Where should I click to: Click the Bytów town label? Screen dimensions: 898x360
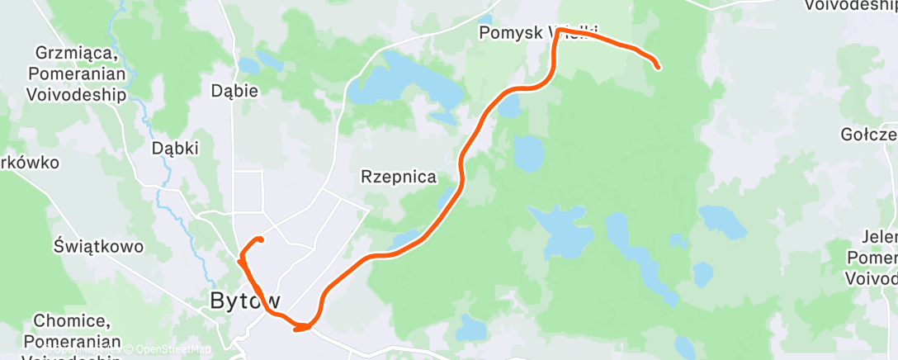245,301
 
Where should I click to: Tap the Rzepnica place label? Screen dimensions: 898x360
399,177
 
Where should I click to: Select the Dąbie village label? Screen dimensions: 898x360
234,91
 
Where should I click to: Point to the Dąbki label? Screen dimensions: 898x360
175,149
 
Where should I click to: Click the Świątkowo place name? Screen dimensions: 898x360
98,246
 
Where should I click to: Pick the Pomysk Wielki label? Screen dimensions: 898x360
536,33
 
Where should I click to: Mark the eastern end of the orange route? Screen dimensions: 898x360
658,67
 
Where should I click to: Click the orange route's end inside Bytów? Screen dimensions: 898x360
260,239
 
